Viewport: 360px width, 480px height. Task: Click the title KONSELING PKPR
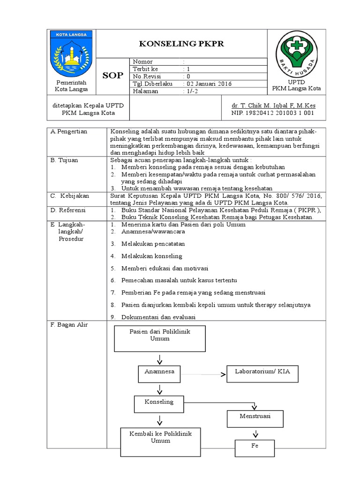pos(182,44)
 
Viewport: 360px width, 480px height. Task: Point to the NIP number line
pos(273,113)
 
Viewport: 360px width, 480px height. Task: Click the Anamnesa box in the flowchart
pos(159,374)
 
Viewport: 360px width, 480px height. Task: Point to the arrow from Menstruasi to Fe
pos(255,434)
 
